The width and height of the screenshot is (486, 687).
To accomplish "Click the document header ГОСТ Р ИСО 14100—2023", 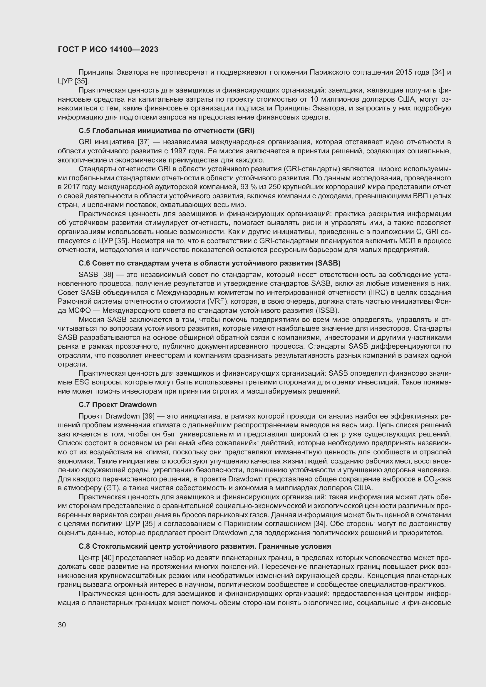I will [108, 50].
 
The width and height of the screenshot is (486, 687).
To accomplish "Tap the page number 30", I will [62, 625].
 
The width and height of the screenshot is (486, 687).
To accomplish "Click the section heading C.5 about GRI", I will [166, 131].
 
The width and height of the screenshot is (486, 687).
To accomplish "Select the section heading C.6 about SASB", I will [210, 263].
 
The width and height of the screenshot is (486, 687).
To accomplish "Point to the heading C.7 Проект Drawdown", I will [118, 404].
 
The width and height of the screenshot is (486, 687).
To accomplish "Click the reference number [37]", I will [143, 142].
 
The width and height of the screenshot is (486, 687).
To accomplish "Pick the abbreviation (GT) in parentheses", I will [111, 488].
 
